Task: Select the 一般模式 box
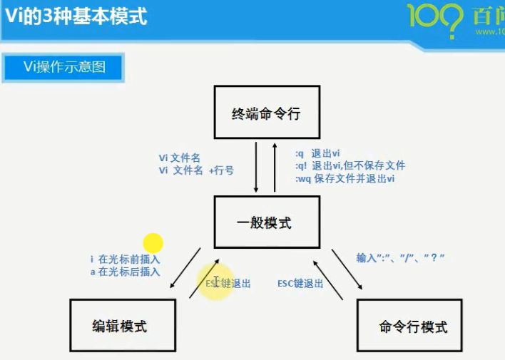click(x=263, y=223)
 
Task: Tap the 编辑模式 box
click(x=123, y=326)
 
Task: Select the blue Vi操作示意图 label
click(x=63, y=68)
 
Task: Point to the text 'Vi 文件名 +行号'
click(x=197, y=171)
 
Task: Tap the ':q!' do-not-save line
click(x=350, y=165)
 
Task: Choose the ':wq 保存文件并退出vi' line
click(x=345, y=178)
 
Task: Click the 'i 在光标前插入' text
click(x=126, y=259)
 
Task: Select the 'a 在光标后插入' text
click(x=126, y=272)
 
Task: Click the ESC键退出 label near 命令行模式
click(x=300, y=283)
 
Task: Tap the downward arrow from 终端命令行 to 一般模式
click(x=256, y=167)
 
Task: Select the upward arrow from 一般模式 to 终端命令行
click(x=275, y=167)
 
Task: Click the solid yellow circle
click(x=153, y=244)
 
